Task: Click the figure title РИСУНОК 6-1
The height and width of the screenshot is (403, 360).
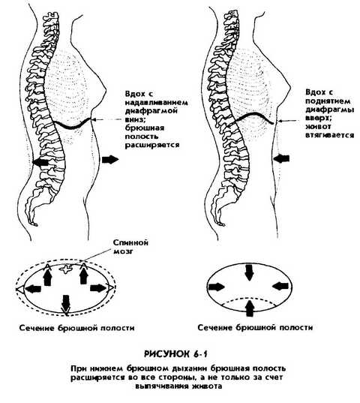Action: coord(175,354)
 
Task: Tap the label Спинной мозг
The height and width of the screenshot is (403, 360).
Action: coord(130,247)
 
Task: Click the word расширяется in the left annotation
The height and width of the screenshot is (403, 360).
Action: coord(152,145)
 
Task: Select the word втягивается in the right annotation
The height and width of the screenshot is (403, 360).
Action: coord(330,135)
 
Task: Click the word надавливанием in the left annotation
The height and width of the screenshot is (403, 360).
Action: coord(157,103)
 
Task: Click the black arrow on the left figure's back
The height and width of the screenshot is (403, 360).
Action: coord(41,162)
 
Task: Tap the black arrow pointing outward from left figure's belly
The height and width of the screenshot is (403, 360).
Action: coord(110,160)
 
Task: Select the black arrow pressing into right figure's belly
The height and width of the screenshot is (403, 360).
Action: coord(281,158)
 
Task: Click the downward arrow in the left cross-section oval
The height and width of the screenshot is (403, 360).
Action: coord(66,304)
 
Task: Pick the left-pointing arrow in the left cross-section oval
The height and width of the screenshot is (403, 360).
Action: coord(34,289)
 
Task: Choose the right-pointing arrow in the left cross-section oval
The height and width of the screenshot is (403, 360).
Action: coord(98,288)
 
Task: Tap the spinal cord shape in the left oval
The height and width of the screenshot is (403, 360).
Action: coord(67,269)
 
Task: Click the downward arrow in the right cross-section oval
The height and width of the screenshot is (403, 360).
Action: coord(249,272)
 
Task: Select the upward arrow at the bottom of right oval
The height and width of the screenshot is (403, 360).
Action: coord(249,308)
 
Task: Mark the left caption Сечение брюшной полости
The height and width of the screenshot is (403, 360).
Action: coord(77,328)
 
